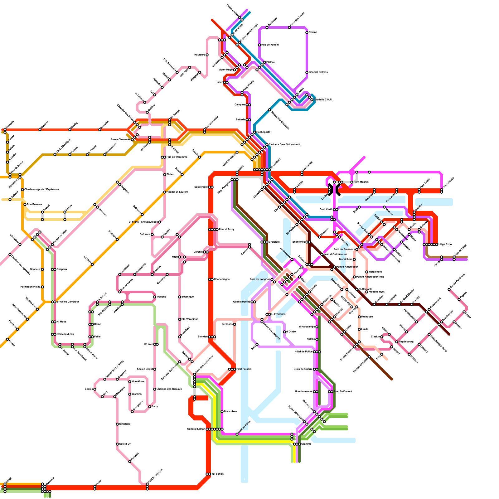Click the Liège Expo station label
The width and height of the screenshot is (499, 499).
445,245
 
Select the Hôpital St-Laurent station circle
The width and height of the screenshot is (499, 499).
165,192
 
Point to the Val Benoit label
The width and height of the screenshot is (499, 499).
217,474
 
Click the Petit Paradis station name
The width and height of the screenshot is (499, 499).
244,369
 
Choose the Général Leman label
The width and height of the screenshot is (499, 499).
196,429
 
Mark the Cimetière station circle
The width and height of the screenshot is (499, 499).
117,424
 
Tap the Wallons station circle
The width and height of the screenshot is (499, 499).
155,297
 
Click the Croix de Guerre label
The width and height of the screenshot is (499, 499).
303,369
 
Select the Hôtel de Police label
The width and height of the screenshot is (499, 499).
303,352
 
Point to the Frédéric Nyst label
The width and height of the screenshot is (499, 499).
376,292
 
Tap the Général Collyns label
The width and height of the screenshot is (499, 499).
318,72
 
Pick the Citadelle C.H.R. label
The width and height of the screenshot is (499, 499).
323,100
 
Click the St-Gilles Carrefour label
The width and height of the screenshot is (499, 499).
68,302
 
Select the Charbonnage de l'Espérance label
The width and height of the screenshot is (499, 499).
41,190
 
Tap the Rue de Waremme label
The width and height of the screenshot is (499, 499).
177,157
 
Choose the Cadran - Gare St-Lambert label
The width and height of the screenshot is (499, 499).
284,145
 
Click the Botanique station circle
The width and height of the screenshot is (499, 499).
180,297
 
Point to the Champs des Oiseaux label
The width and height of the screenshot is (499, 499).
169,389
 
